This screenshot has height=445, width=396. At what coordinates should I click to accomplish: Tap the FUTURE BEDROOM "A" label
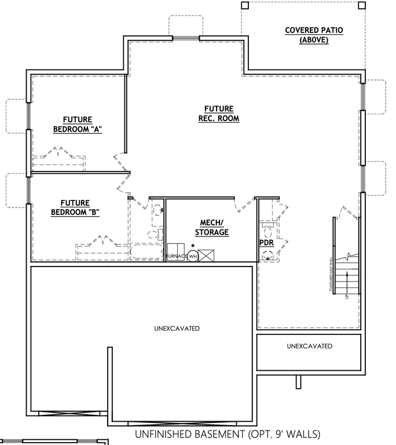coord(77,125)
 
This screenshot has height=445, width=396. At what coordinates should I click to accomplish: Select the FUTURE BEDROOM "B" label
coord(75,207)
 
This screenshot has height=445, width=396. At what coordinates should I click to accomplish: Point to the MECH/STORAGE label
coord(211,228)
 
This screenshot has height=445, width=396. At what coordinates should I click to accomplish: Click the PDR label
coord(266,242)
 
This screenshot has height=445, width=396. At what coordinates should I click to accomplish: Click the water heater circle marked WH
coord(193,256)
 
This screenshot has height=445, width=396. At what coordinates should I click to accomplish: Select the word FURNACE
coord(176,256)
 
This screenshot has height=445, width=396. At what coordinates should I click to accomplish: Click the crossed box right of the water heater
coord(207,256)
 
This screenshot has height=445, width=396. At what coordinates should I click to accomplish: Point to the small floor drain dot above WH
coord(192,246)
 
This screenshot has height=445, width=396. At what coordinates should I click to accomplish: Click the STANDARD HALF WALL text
coord(331,277)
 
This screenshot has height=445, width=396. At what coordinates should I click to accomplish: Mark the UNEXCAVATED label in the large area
coord(177,329)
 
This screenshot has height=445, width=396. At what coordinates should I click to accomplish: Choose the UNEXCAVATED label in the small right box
coord(309,346)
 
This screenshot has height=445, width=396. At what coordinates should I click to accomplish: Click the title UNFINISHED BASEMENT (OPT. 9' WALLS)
coord(227,434)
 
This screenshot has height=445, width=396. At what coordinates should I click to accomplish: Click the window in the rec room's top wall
coord(185,39)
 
